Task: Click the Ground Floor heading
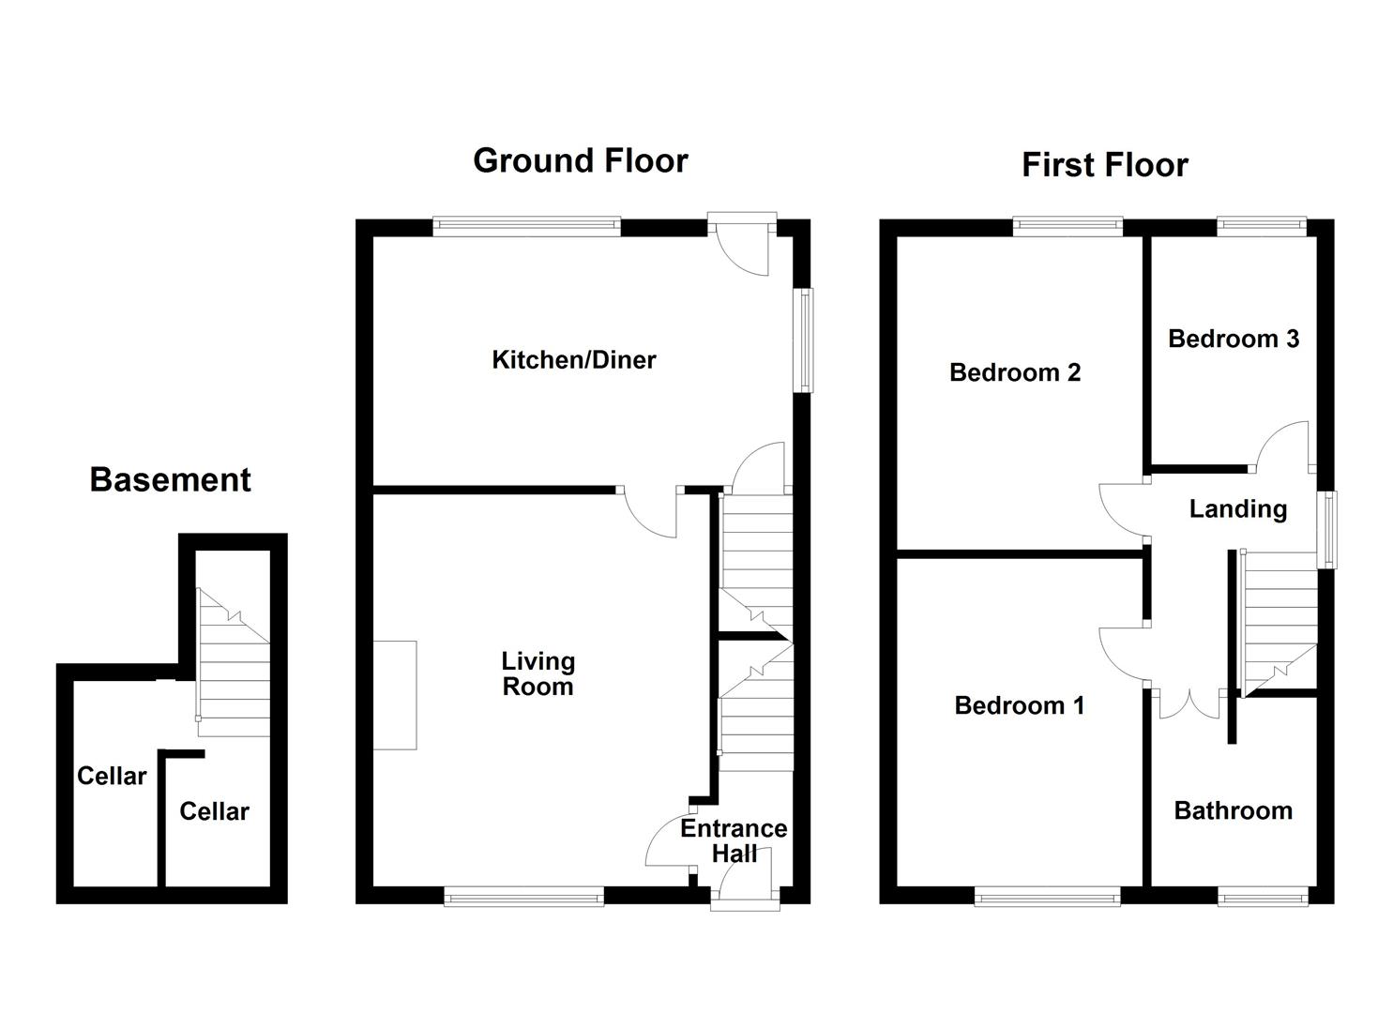coord(580,160)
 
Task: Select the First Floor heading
coord(1104,165)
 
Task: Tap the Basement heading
coord(170,480)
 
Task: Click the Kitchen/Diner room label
coord(574,359)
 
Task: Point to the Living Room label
coord(538,673)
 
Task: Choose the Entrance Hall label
coord(734,840)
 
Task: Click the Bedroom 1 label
coord(1019,705)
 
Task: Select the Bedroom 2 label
coord(1015,372)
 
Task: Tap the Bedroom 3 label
coord(1233,339)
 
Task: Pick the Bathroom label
coord(1233,810)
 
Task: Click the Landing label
coord(1237,508)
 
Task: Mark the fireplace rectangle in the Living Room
coord(395,695)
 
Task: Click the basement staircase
coord(233,657)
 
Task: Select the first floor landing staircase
coord(1278,619)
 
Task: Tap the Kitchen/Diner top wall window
coord(526,226)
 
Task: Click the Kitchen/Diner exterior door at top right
coord(743,246)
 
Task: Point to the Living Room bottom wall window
coord(523,898)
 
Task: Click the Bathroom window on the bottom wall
coord(1262,898)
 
